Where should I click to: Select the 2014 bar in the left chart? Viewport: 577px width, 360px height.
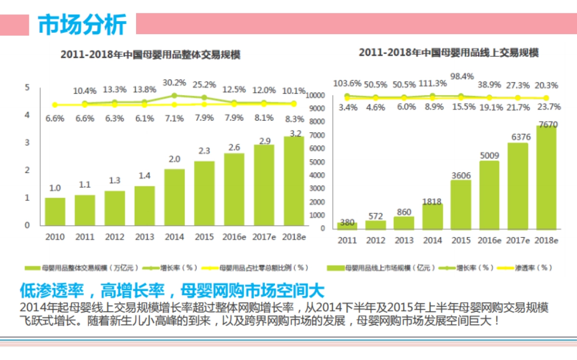174,197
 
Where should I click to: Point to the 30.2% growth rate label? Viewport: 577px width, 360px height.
174,83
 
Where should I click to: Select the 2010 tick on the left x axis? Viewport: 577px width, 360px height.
55,236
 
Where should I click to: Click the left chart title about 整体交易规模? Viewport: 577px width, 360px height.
150,55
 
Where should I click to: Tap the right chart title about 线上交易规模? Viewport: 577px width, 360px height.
448,52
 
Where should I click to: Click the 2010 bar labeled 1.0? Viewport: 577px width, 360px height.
55,211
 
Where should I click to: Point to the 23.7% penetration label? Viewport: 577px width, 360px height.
546,107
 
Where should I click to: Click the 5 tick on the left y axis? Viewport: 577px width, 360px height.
27,87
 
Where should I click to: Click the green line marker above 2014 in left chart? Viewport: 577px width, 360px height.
174,96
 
